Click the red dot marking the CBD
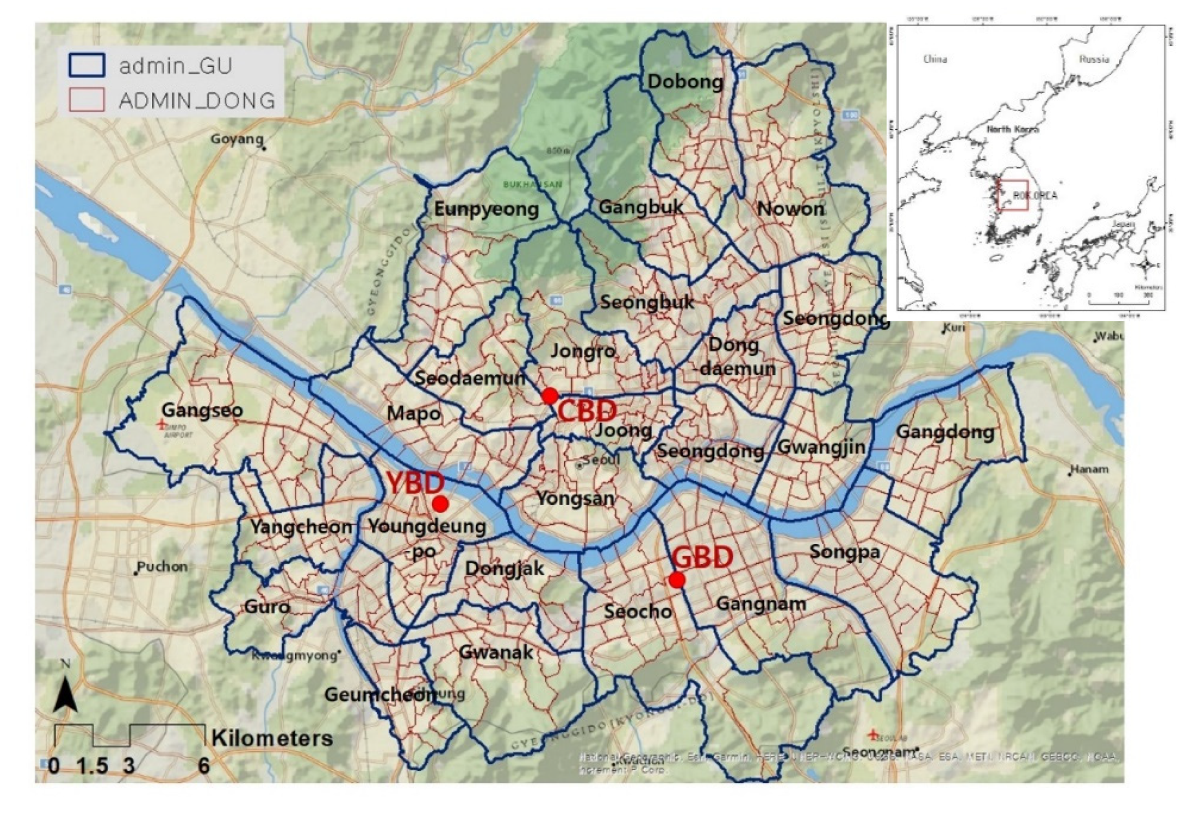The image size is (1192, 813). click(x=549, y=396)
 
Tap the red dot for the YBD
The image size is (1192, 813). click(x=440, y=504)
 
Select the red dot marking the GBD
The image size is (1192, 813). click(x=676, y=580)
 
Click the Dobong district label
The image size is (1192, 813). click(x=685, y=81)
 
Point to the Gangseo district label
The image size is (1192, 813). click(x=202, y=410)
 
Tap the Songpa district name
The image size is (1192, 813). click(x=844, y=552)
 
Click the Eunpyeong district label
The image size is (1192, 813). click(x=486, y=209)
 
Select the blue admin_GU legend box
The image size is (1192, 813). click(x=86, y=65)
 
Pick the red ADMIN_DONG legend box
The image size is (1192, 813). click(x=86, y=100)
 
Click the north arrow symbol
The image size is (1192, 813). click(x=65, y=694)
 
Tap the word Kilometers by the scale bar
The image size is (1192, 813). click(x=272, y=738)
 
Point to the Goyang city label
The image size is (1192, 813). click(x=236, y=139)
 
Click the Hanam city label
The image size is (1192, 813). click(x=1090, y=470)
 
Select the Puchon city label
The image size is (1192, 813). click(x=162, y=567)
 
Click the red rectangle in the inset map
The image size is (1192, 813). click(x=1012, y=195)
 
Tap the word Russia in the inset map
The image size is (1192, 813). click(x=1093, y=59)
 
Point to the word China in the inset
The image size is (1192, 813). click(x=935, y=59)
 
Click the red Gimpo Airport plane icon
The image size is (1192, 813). click(x=161, y=424)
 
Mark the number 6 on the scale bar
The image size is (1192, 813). click(x=203, y=766)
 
